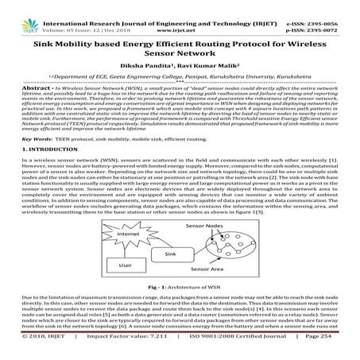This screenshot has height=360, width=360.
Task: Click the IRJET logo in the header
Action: tap(18, 11)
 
